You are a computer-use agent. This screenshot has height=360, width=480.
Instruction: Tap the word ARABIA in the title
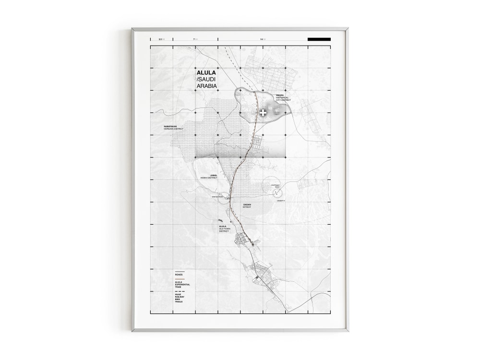[x=206, y=86]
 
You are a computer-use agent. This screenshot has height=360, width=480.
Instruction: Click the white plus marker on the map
[x=263, y=113]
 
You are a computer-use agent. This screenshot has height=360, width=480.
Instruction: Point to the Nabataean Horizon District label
[x=174, y=128]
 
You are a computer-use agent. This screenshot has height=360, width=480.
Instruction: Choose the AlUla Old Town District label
[x=224, y=228]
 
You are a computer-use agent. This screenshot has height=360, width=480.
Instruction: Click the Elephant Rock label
[x=275, y=185]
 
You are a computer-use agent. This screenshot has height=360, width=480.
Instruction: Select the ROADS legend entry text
[x=179, y=275]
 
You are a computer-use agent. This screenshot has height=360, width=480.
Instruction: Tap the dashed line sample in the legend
[x=180, y=292]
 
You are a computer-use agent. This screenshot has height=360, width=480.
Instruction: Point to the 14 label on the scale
[x=262, y=39]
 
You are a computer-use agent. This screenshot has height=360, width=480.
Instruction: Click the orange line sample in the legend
[x=180, y=279]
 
